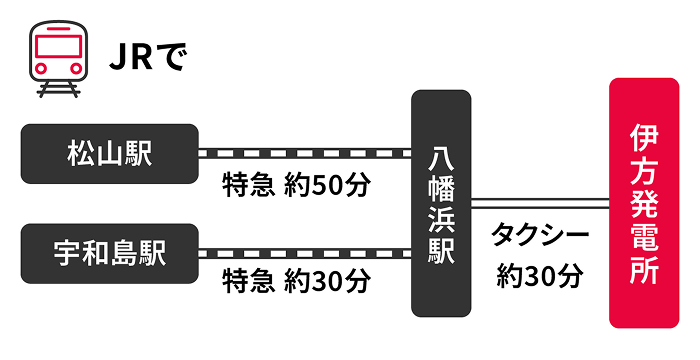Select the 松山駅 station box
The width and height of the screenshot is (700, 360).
click(x=108, y=154)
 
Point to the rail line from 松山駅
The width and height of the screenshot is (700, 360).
click(x=305, y=154)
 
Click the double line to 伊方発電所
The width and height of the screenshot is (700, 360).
click(x=540, y=204)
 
